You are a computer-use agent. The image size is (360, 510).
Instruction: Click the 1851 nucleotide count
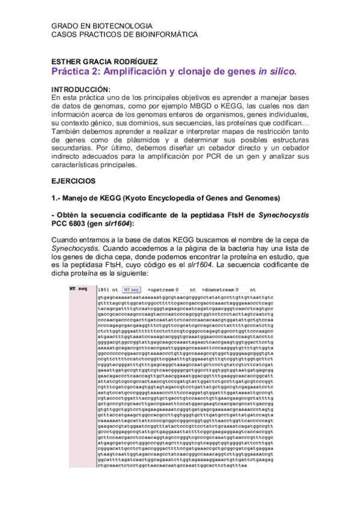tap(103, 289)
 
